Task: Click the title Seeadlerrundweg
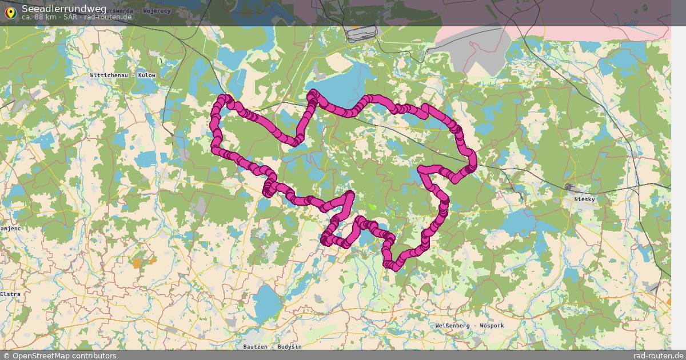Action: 64,8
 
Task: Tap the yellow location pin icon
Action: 10,11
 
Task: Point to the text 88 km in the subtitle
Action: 45,17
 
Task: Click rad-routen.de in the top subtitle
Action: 108,17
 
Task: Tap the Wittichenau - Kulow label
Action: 122,75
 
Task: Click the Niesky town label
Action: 585,199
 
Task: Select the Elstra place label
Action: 10,294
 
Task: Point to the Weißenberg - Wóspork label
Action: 469,326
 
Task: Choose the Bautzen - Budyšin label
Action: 272,347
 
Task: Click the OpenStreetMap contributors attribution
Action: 64,355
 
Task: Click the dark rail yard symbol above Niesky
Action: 569,186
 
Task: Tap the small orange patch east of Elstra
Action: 136,263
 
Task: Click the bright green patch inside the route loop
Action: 372,207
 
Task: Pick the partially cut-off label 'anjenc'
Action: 10,228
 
